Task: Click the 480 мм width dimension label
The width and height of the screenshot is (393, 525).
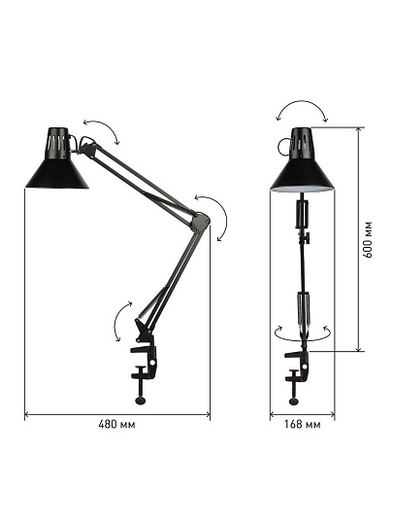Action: point(116,425)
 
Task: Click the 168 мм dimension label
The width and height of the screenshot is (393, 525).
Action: point(302,425)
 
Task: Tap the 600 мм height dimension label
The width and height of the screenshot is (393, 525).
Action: point(368,240)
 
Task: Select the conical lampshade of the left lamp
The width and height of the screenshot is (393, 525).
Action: point(57,173)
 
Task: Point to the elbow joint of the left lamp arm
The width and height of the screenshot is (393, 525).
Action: point(200,222)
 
